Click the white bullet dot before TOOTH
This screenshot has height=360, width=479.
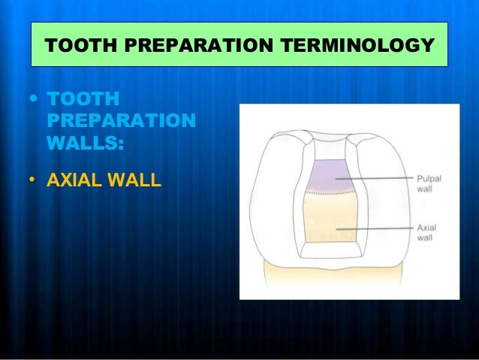coord(31,101)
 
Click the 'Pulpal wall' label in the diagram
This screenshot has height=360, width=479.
coord(425,184)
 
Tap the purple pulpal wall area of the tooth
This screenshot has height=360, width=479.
coord(330,177)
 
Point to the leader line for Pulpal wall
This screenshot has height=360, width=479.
coord(375,179)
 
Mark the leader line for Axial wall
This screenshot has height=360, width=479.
coord(375,228)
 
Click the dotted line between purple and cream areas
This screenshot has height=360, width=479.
coord(330,192)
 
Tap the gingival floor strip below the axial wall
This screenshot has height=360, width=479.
coord(330,247)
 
